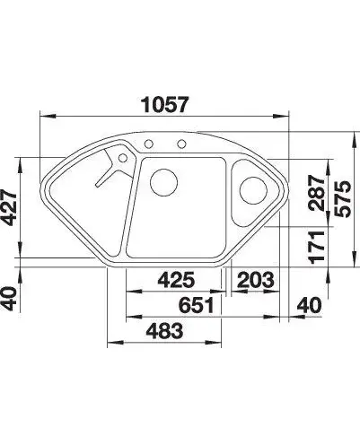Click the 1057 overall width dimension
click(x=165, y=104)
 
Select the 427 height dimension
click(x=9, y=207)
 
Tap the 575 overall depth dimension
click(x=343, y=198)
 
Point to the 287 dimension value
click(x=318, y=193)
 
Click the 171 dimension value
click(x=318, y=248)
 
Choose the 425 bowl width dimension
click(x=176, y=280)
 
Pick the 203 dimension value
click(x=256, y=280)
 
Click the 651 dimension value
click(x=197, y=305)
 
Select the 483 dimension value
click(x=164, y=331)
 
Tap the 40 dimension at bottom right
click(x=309, y=305)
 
